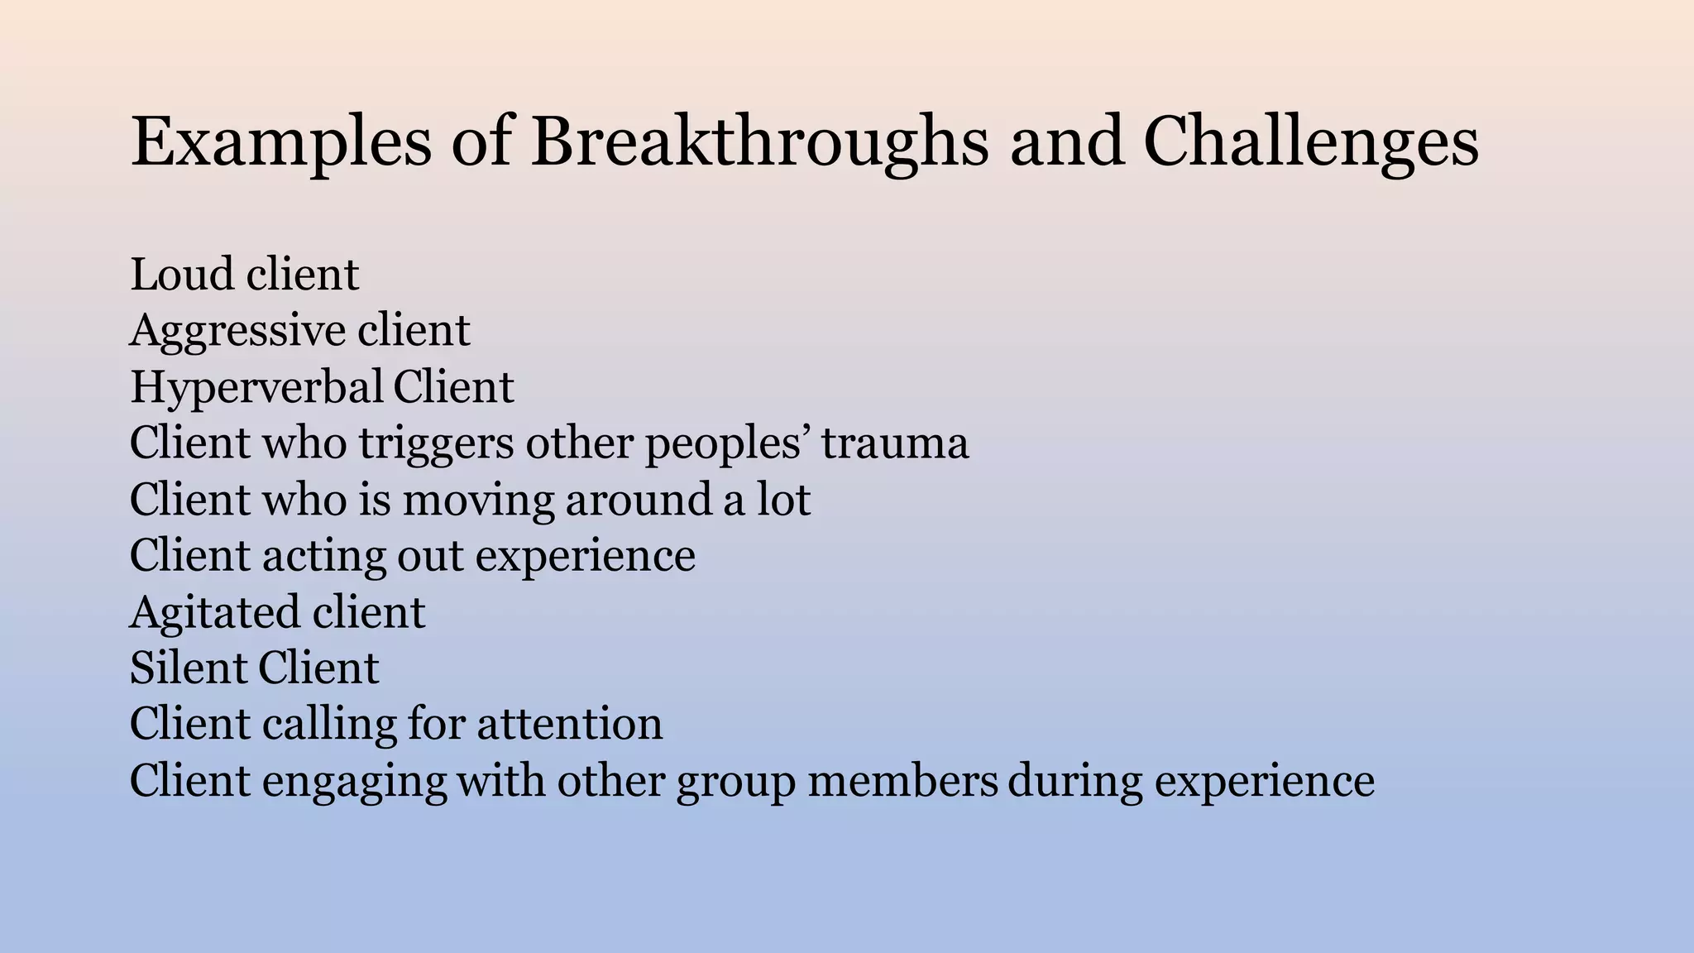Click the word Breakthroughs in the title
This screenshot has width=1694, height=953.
[758, 142]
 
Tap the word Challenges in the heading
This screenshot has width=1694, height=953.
[1311, 142]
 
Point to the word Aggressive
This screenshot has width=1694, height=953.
[237, 331]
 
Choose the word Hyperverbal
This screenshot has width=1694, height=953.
[256, 387]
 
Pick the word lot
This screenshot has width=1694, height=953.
[783, 500]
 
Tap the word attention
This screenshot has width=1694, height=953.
[569, 724]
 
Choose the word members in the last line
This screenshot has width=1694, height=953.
[902, 780]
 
